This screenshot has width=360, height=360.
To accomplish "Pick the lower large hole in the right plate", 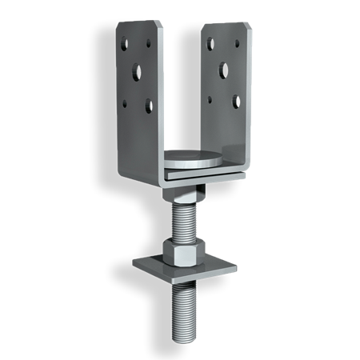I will tap(237, 100).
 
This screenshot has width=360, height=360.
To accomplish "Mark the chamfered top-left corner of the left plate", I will tap(117, 24).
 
